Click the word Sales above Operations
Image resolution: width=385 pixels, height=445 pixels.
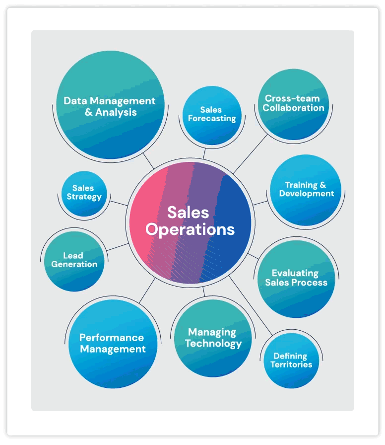188,213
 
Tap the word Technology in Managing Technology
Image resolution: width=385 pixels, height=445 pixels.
213,344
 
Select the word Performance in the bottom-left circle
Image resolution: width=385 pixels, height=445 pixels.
112,338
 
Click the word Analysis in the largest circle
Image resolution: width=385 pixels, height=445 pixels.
116,113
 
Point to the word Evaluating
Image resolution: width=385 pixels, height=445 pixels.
295,273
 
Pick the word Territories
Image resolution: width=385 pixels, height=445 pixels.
291,365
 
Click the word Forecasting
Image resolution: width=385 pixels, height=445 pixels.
212,119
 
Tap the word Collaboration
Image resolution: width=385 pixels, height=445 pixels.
294,108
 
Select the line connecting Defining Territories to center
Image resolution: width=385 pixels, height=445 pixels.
251,305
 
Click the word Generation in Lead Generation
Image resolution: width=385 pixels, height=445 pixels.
74,264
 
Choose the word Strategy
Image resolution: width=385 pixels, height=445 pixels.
84,197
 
